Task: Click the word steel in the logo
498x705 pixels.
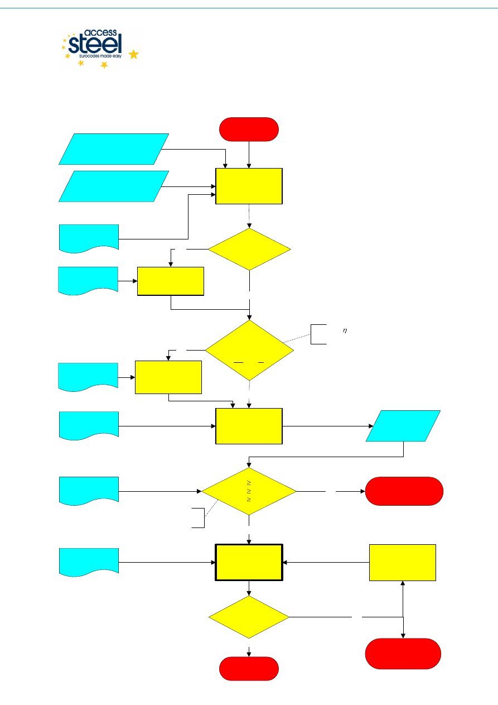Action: (95, 45)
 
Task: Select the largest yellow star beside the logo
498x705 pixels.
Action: (134, 54)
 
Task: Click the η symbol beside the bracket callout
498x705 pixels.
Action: (345, 331)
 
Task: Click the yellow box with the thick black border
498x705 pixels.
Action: (249, 562)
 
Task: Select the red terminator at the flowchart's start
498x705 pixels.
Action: (249, 129)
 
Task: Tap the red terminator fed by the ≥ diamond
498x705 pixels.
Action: (404, 491)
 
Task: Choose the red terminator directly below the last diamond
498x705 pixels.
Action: (249, 668)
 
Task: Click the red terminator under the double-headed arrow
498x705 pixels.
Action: (403, 653)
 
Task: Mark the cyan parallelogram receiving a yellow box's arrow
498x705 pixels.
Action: (403, 426)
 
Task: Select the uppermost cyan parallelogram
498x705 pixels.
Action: (114, 149)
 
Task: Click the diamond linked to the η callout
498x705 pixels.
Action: (249, 351)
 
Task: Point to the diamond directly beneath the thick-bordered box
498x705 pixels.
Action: (249, 617)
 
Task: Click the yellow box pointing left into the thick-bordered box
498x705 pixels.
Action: (403, 562)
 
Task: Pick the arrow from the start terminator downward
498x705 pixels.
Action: (249, 154)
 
